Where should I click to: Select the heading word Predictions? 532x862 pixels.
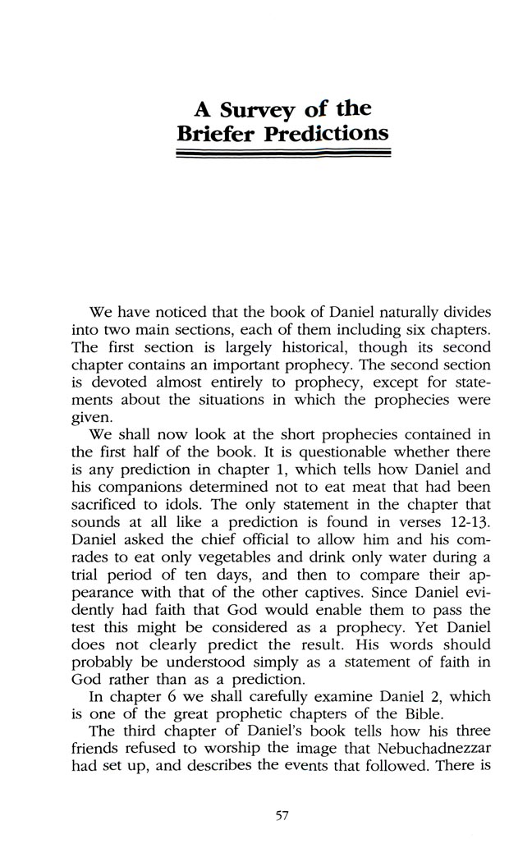click(327, 133)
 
